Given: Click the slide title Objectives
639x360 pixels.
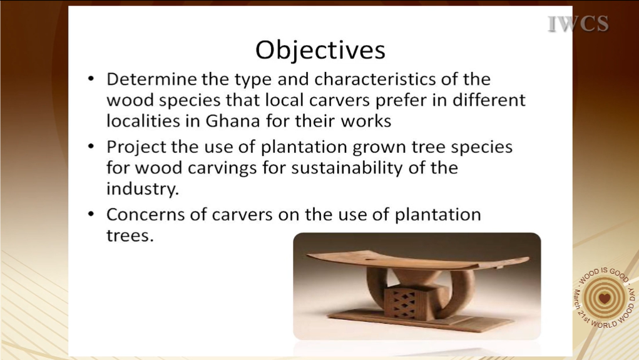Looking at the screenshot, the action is point(320,51).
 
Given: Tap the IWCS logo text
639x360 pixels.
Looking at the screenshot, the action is point(578,24).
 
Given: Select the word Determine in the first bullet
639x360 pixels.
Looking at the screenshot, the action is point(151,79).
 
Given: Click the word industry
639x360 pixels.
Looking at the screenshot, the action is point(143,189).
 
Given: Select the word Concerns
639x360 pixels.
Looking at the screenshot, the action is point(145,215).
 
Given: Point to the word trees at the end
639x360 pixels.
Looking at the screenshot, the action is point(130,235).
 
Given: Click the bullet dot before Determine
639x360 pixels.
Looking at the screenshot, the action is point(91,78).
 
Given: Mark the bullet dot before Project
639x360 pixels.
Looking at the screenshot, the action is point(91,146).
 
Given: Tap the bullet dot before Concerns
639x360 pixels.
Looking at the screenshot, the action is point(91,213).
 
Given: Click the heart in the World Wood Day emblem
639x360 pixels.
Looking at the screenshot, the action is point(605,297).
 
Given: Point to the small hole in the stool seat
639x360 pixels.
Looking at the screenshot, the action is point(370,260).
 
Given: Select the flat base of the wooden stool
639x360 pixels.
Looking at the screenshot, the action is point(420,319).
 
